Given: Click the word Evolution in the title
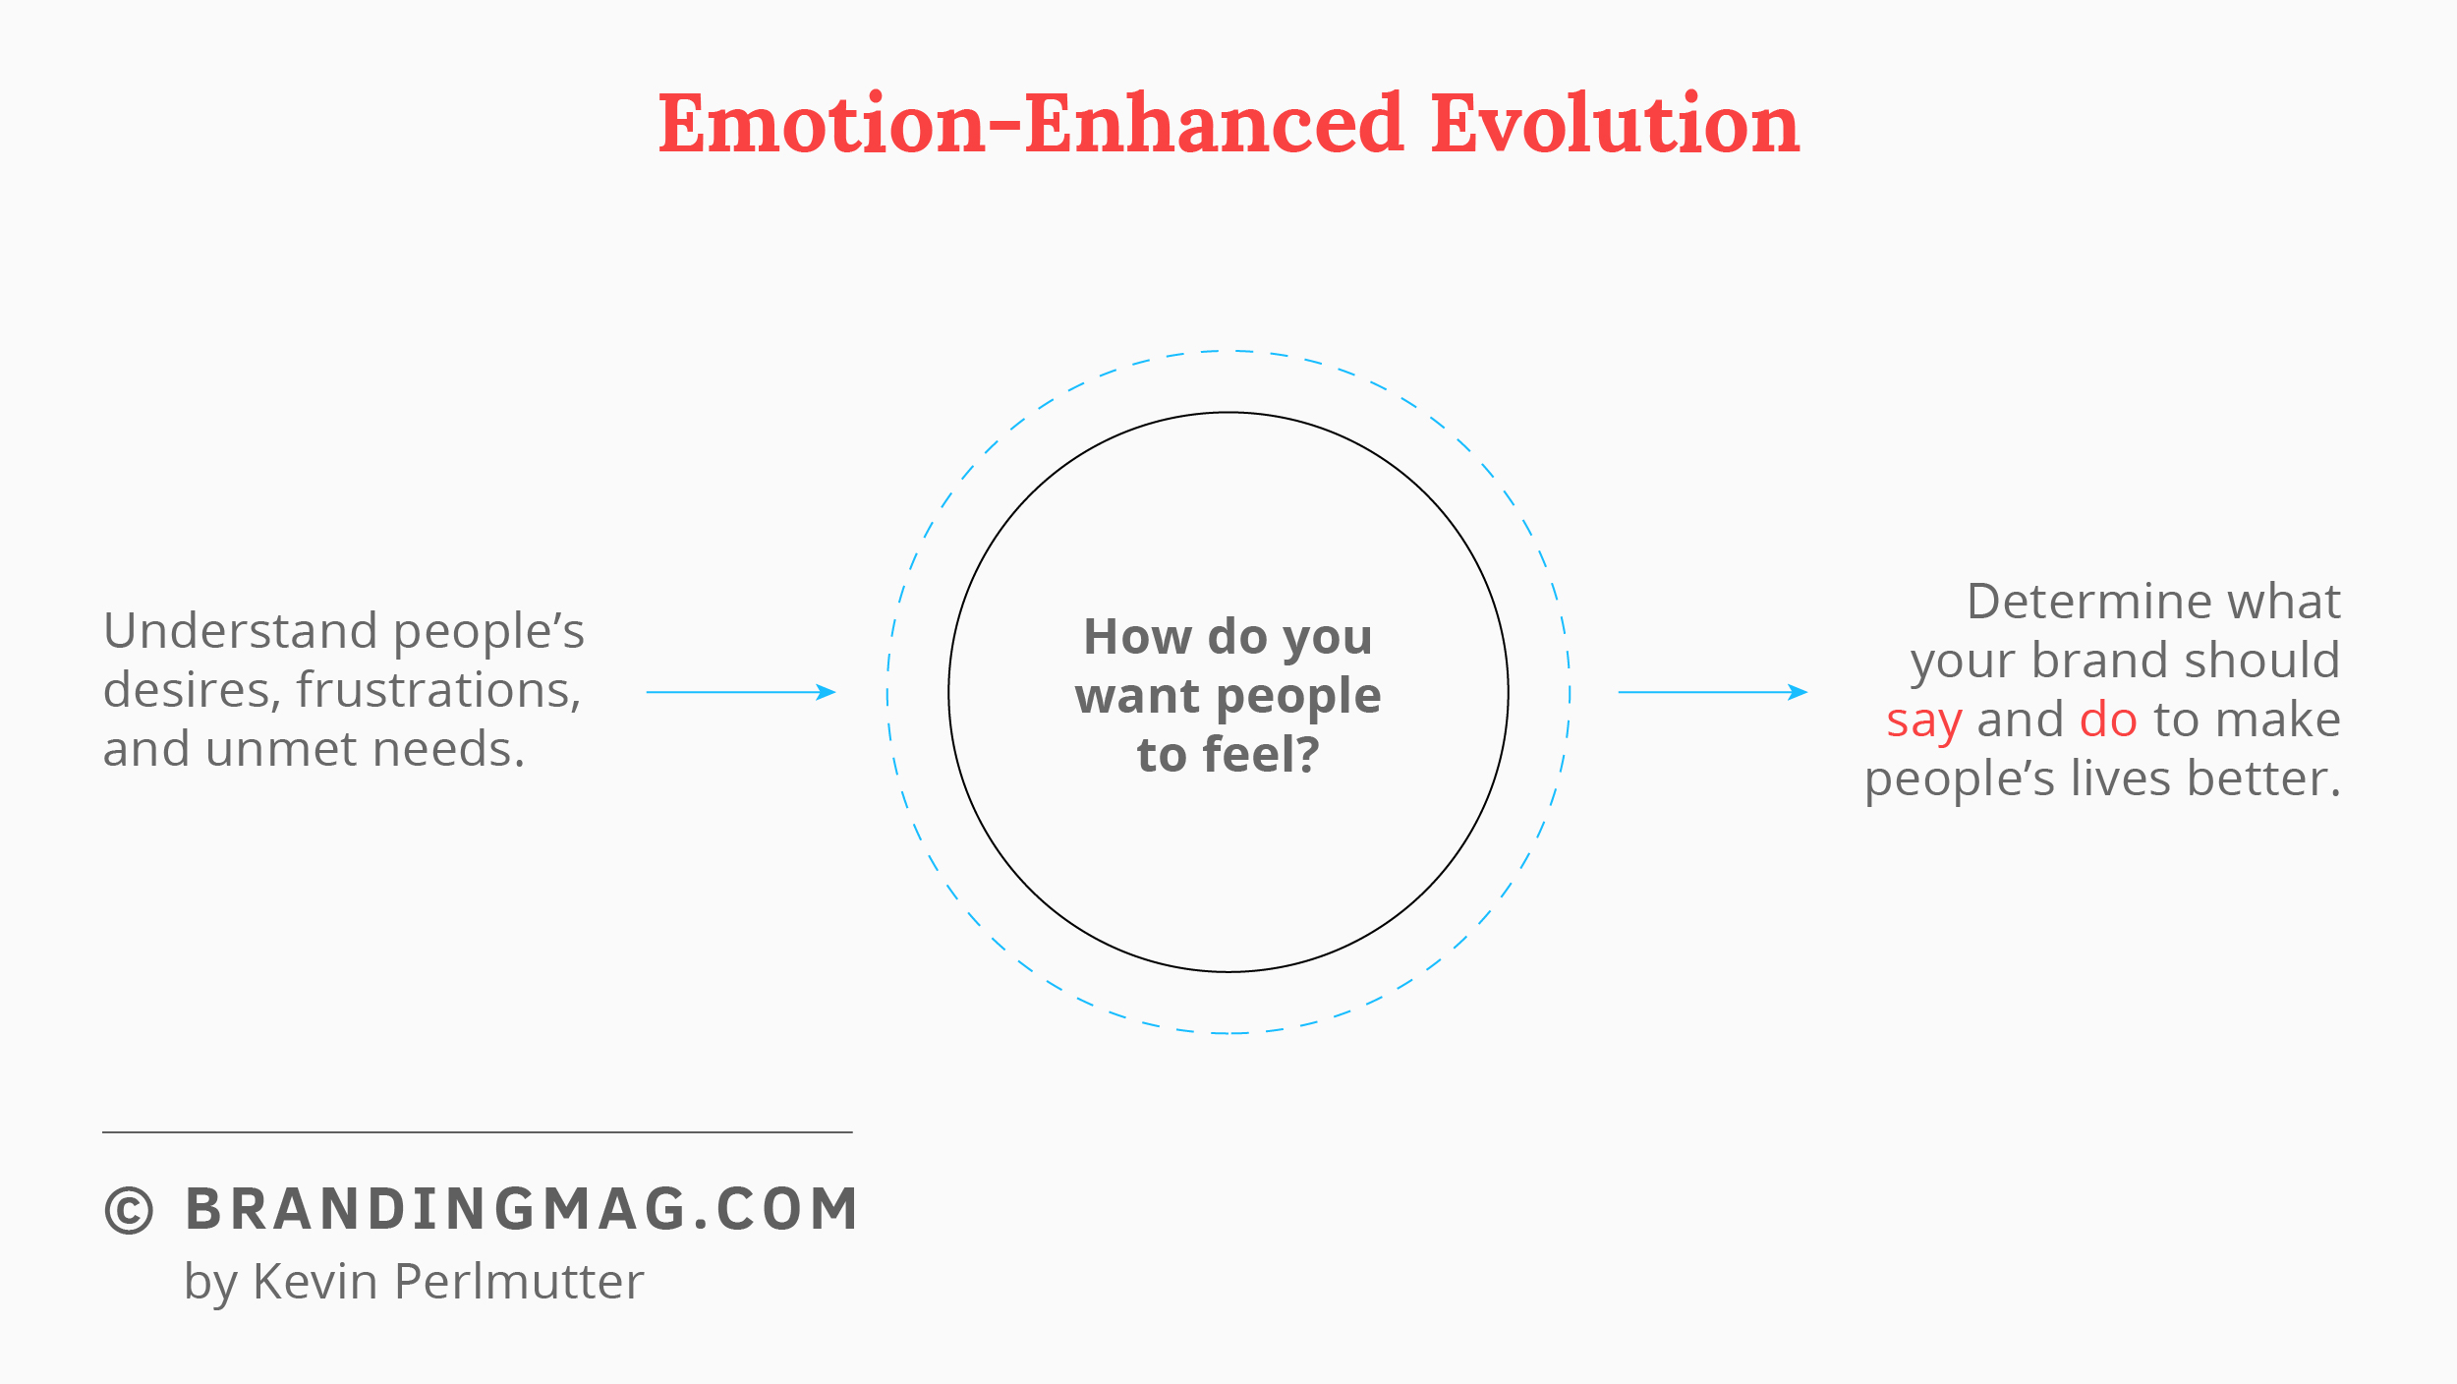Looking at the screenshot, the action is tap(1615, 124).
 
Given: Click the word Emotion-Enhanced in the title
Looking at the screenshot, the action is tap(1031, 124).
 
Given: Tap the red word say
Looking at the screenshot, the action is tap(1923, 721).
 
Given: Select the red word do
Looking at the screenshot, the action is tap(2108, 719).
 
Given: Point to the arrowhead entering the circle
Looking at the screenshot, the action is tap(827, 692).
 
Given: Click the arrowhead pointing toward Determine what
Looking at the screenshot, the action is tap(1798, 692).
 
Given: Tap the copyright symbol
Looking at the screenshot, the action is tap(129, 1209).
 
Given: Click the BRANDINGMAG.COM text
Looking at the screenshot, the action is tap(522, 1208).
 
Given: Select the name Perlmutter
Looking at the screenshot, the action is tap(519, 1281).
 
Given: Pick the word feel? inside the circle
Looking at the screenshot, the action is tap(1261, 754).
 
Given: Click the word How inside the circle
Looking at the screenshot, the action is tap(1137, 636).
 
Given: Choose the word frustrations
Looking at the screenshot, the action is tap(438, 690).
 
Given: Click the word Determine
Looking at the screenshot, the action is tap(2088, 601).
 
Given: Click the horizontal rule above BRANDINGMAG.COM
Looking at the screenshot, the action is tap(478, 1132).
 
